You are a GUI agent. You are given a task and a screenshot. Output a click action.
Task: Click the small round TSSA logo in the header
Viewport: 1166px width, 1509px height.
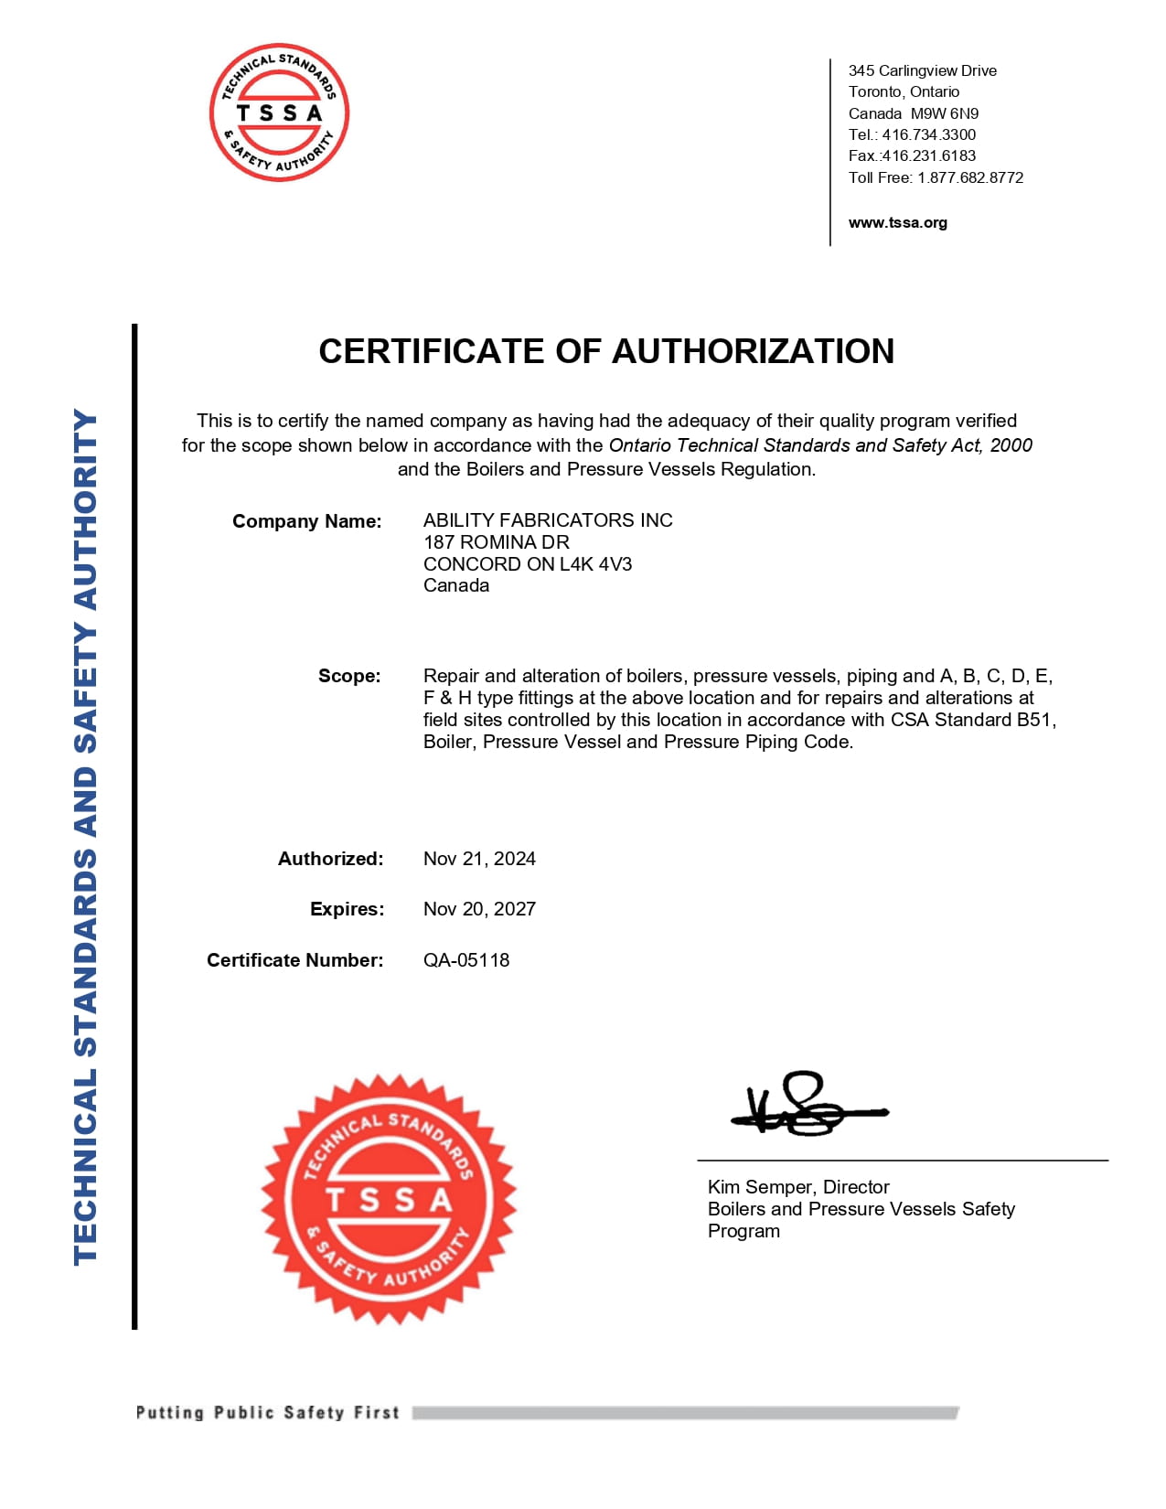(x=279, y=112)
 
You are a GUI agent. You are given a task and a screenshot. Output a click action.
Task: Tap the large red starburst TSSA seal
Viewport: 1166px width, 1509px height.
(x=389, y=1199)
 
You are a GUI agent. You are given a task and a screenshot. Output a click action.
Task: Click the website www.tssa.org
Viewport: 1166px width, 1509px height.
(x=897, y=222)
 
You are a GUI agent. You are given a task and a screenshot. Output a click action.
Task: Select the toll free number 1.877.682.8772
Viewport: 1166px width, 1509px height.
(x=970, y=177)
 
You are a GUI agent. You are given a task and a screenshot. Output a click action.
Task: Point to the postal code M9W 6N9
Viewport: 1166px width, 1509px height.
(x=945, y=113)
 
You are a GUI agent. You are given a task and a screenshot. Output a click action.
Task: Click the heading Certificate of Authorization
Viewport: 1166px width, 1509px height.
(x=605, y=351)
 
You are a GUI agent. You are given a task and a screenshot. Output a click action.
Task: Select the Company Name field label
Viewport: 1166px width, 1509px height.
(x=306, y=521)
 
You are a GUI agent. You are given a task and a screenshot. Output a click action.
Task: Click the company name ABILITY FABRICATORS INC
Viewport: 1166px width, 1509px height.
(x=548, y=520)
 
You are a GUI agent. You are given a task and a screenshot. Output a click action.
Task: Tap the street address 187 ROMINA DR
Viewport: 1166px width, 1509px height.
(x=496, y=542)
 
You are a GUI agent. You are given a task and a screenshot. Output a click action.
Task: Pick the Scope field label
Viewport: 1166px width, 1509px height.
(x=348, y=676)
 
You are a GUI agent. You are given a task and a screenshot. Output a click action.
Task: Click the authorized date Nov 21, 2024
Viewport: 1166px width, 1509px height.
(x=479, y=859)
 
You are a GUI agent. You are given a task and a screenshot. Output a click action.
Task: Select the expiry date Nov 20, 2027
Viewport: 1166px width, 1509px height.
(x=479, y=909)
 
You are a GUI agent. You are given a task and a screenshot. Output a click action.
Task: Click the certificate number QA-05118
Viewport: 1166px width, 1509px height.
(x=466, y=960)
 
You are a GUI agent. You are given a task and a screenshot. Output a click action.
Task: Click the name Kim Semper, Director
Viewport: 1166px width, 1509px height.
(x=798, y=1187)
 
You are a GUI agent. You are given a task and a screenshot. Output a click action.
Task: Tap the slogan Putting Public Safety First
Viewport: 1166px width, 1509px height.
(x=267, y=1413)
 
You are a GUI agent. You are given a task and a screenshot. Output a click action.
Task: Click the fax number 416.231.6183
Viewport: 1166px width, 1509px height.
(x=928, y=155)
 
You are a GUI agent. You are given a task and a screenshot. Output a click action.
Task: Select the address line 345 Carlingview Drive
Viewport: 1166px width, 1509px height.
(x=922, y=70)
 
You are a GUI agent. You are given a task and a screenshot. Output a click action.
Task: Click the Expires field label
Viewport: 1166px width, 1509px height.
(x=347, y=909)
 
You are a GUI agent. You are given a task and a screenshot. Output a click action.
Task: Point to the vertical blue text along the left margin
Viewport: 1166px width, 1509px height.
(x=85, y=836)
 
